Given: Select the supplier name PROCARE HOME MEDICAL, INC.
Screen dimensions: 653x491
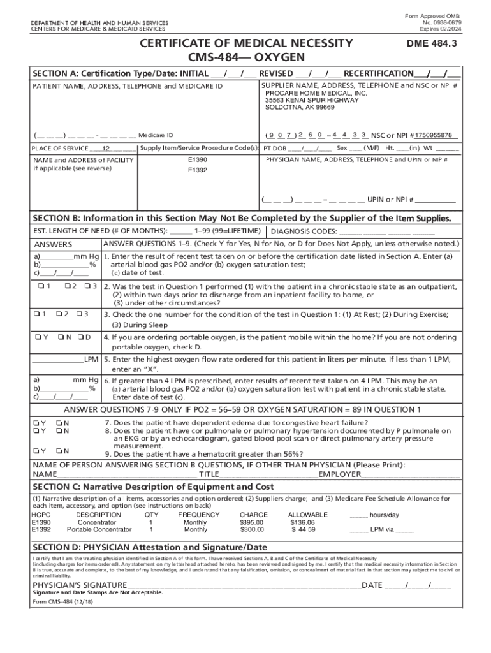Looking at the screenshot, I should [x=316, y=92].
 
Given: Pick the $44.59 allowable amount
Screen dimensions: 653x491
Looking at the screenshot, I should [x=303, y=529].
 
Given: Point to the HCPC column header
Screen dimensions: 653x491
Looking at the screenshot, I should [x=41, y=514].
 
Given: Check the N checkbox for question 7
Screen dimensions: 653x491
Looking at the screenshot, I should [x=59, y=422].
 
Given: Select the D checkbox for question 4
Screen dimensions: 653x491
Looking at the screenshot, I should [x=80, y=337].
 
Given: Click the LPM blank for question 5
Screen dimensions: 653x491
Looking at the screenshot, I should [x=59, y=359].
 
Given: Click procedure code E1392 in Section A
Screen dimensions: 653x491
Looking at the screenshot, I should [x=198, y=170].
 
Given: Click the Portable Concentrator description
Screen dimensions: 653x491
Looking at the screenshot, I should [x=99, y=529].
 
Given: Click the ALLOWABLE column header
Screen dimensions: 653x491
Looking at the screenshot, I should [x=308, y=514].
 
